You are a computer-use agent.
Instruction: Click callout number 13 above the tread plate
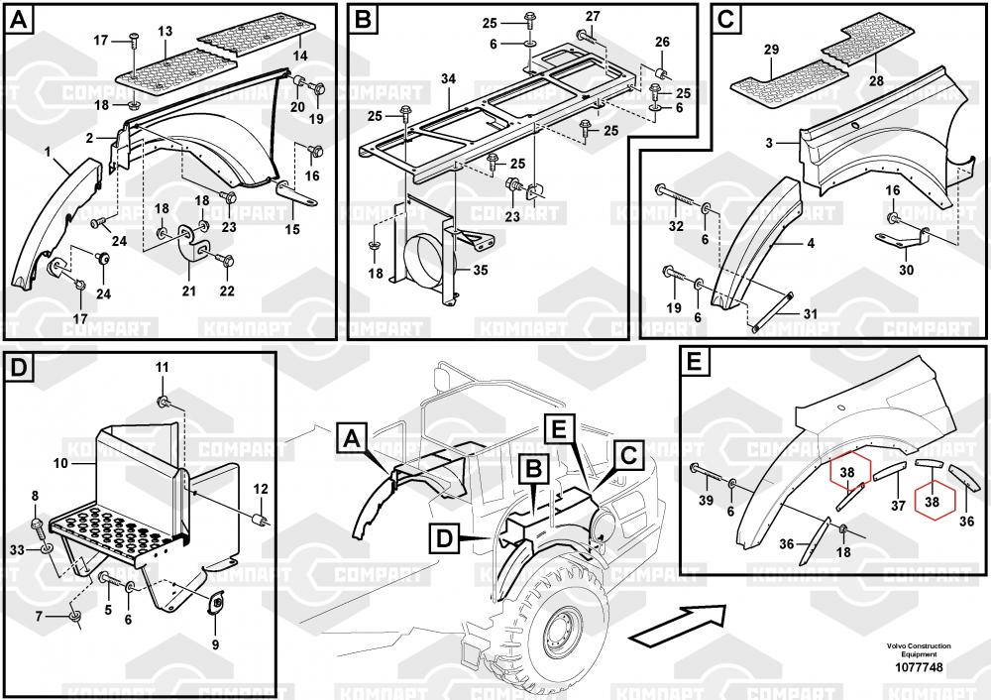coord(165,32)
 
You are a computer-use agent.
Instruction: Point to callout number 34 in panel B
coord(449,77)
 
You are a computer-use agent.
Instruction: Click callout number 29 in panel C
coord(771,49)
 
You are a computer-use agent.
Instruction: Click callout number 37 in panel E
coord(898,505)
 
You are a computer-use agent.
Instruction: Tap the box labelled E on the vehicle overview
coord(560,429)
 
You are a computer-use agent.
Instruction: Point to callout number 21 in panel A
coord(189,291)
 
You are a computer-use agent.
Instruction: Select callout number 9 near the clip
coord(216,643)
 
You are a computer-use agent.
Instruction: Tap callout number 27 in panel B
coord(592,18)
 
